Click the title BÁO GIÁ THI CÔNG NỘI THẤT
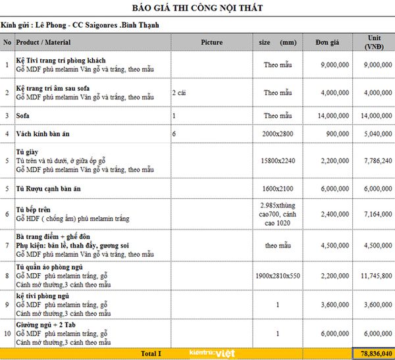(198, 8)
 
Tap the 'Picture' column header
(212, 42)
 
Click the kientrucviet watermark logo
(203, 353)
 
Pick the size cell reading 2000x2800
(277, 134)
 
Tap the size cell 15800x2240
(277, 160)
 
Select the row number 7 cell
(7, 245)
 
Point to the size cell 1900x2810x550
(277, 276)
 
